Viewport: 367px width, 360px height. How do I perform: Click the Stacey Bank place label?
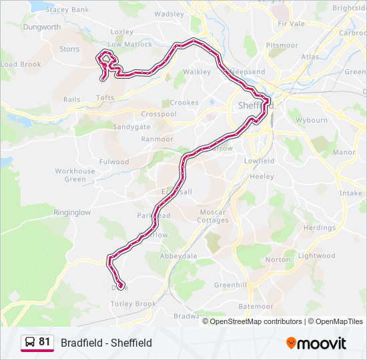[66, 10]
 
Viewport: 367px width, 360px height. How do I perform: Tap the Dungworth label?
[42, 27]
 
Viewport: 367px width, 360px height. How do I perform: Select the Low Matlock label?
[130, 45]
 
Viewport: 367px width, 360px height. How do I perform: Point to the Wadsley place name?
[169, 14]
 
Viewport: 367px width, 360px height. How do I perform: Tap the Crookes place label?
[184, 103]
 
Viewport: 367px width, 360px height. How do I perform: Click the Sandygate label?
[131, 127]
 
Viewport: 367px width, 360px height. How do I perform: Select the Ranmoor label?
[157, 139]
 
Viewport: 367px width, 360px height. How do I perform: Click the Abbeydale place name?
[178, 255]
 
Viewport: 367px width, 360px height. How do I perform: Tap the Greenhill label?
[230, 285]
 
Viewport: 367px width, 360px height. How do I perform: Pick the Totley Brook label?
[133, 304]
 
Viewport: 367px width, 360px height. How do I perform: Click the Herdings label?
[319, 228]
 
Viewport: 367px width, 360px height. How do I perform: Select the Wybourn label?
[312, 121]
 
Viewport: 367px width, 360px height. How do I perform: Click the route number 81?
[45, 342]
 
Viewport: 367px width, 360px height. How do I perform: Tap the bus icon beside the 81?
[30, 342]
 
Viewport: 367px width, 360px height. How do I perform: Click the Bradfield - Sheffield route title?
[106, 343]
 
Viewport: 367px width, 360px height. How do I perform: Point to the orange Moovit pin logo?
[292, 343]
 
